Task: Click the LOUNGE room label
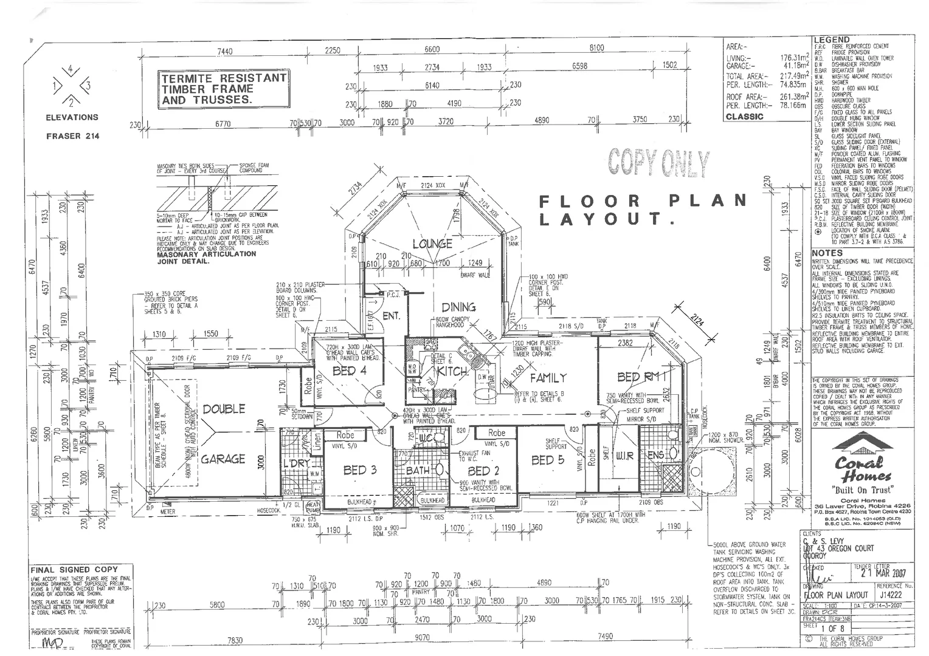(432, 244)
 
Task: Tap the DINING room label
(458, 307)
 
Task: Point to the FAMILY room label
(548, 378)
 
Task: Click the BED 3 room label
(360, 470)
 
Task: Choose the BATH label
(418, 470)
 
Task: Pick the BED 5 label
(547, 460)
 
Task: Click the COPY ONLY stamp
(658, 163)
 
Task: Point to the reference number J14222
(893, 596)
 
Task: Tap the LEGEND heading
(832, 39)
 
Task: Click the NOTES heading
(827, 253)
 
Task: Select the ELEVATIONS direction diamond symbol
(71, 85)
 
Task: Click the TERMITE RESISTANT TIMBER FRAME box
(223, 89)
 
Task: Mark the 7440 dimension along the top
(224, 51)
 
